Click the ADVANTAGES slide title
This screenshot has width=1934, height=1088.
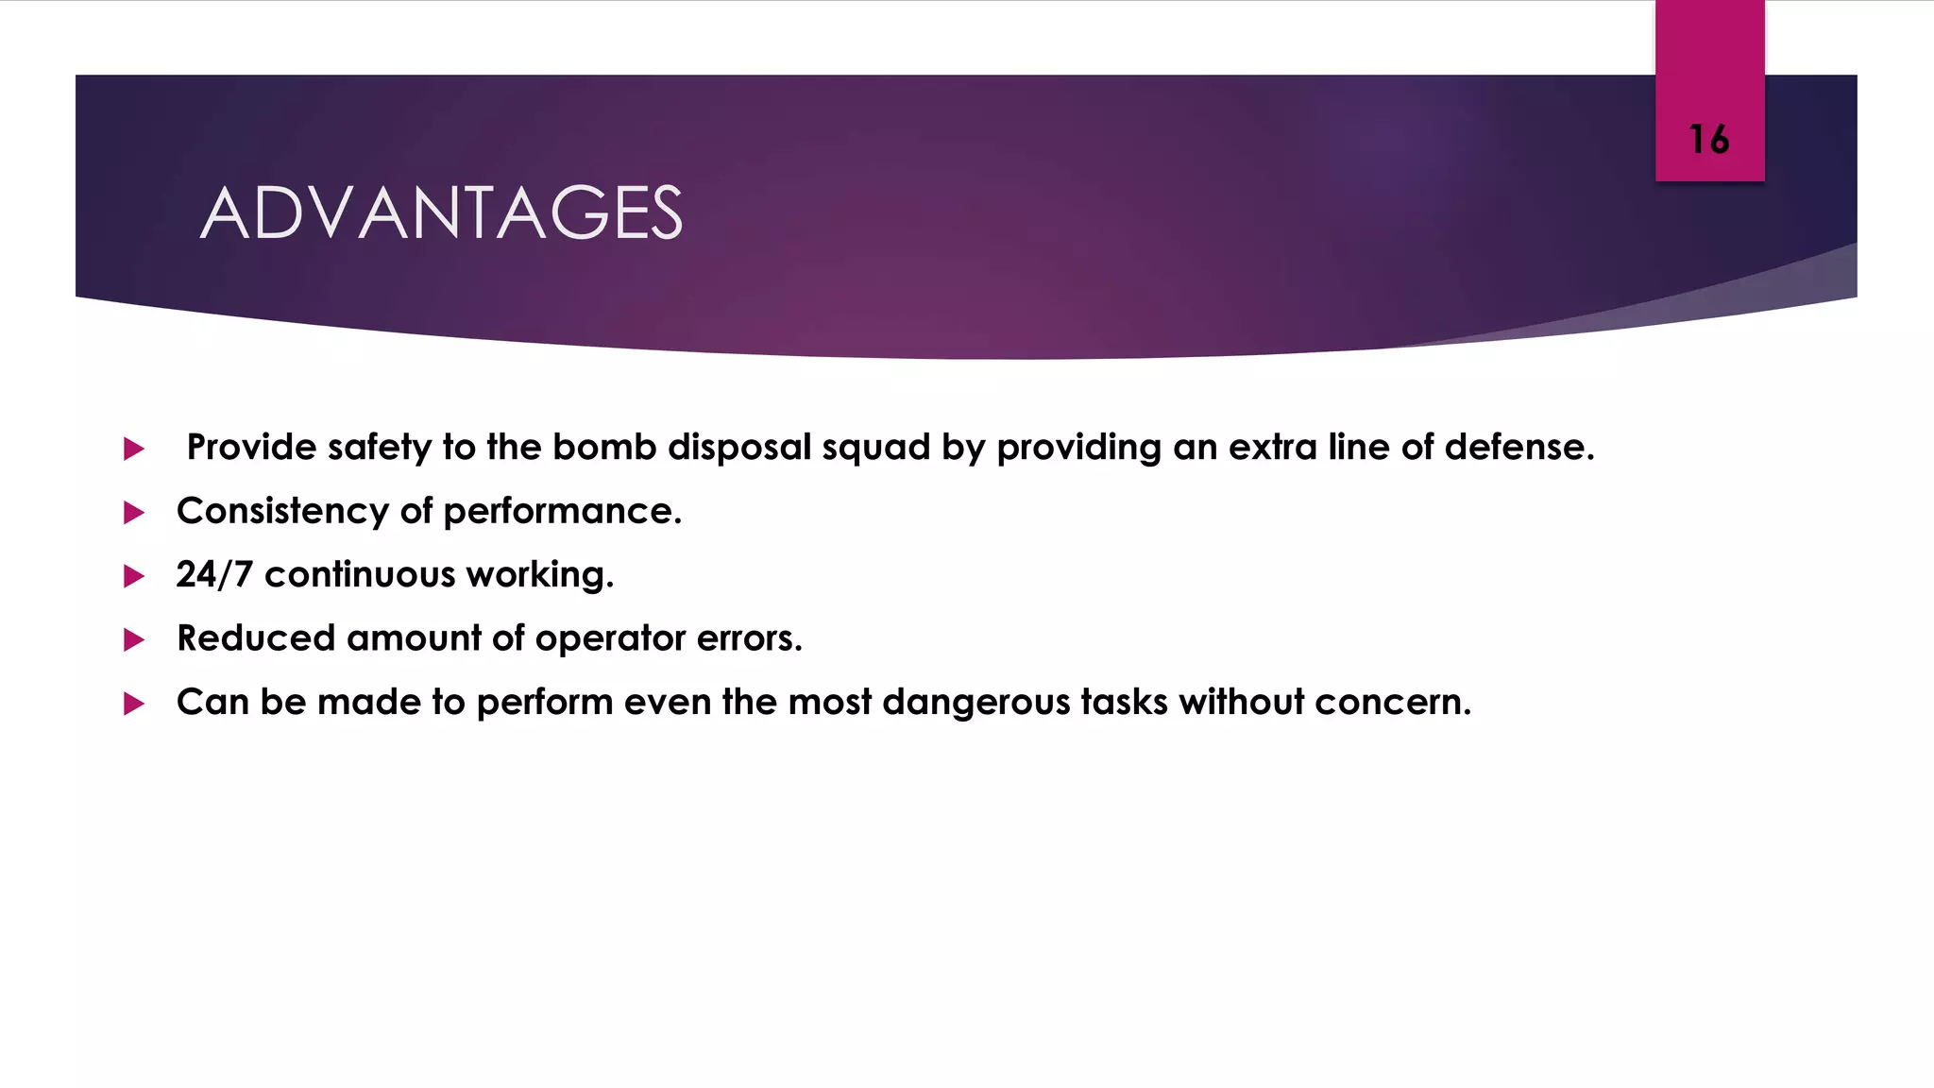pos(441,212)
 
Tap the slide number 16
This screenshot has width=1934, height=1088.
pos(1708,140)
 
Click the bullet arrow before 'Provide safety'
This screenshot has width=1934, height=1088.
pos(134,449)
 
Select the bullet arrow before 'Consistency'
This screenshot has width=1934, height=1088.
pos(134,513)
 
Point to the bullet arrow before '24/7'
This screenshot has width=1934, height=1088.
pos(134,576)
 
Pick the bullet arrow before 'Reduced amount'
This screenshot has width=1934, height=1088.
pos(134,640)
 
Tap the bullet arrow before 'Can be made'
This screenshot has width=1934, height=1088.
pos(134,704)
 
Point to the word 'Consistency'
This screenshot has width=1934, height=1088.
pos(282,511)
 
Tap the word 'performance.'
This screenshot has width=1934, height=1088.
pos(562,512)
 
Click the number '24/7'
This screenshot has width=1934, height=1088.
pos(214,574)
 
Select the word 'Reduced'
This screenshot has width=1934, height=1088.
pos(256,638)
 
